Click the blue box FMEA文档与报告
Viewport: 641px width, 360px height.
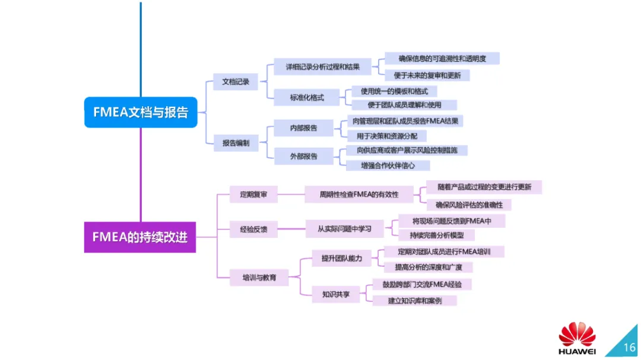point(140,112)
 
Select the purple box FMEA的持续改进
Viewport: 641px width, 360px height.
point(140,237)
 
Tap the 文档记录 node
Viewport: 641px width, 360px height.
point(236,82)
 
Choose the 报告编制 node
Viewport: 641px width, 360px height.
point(236,142)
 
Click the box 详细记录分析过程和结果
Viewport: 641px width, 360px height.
point(323,66)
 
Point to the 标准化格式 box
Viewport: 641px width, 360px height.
point(307,97)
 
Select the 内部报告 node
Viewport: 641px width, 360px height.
point(303,128)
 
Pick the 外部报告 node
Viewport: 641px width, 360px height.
point(303,157)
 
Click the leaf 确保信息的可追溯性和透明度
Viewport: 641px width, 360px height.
point(442,58)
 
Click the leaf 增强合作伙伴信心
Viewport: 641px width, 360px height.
point(388,165)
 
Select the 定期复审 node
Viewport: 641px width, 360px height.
point(254,194)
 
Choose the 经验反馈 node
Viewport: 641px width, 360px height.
point(254,229)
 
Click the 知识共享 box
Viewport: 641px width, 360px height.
point(336,294)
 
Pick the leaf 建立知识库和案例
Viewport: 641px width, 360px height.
point(415,301)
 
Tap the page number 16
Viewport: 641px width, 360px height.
point(629,346)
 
